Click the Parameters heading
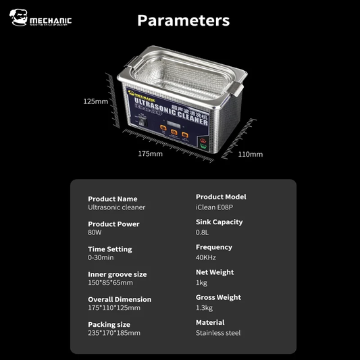pos(183,20)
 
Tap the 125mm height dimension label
pos(95,101)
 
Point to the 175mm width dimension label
pos(150,154)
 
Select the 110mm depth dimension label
pos(251,154)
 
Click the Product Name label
pos(112,199)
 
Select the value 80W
pos(95,232)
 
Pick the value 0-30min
pos(101,257)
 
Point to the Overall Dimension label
pos(120,299)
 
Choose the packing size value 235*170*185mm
pos(114,333)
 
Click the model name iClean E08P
pos(215,207)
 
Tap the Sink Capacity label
pos(219,222)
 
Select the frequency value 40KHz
pos(207,257)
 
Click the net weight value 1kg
pos(201,282)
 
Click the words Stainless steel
pos(217,333)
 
